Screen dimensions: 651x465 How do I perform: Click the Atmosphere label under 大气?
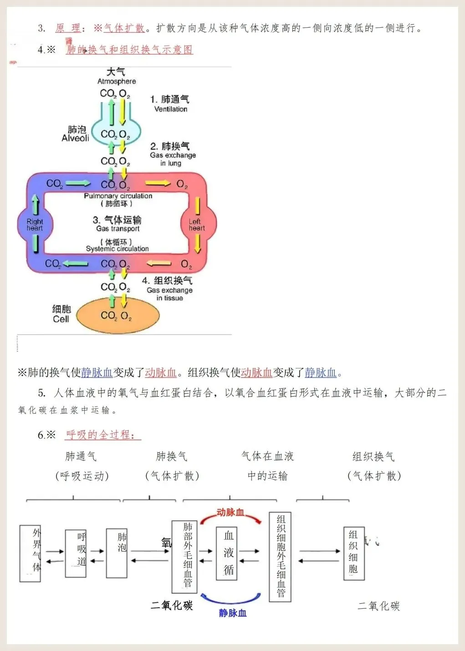click(117, 81)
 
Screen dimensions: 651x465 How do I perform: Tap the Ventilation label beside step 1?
click(170, 109)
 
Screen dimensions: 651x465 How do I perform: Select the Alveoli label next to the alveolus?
click(75, 138)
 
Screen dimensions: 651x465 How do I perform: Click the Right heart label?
click(35, 225)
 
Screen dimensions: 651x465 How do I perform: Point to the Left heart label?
click(197, 225)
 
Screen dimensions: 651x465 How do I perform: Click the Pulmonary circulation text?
click(118, 196)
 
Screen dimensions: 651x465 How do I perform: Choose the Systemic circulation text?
click(118, 249)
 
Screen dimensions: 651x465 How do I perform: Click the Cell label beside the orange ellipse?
click(61, 319)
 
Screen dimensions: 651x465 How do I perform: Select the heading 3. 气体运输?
click(117, 220)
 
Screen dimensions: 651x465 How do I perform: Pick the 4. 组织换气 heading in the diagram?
click(167, 281)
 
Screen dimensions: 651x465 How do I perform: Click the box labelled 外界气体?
click(30, 553)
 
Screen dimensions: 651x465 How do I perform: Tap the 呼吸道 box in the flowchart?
click(76, 553)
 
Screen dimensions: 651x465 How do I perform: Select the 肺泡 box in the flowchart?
click(117, 553)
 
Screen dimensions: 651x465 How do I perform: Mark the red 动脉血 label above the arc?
click(230, 513)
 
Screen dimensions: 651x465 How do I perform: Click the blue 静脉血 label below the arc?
click(233, 613)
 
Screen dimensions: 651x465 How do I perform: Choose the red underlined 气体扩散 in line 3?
click(124, 28)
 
